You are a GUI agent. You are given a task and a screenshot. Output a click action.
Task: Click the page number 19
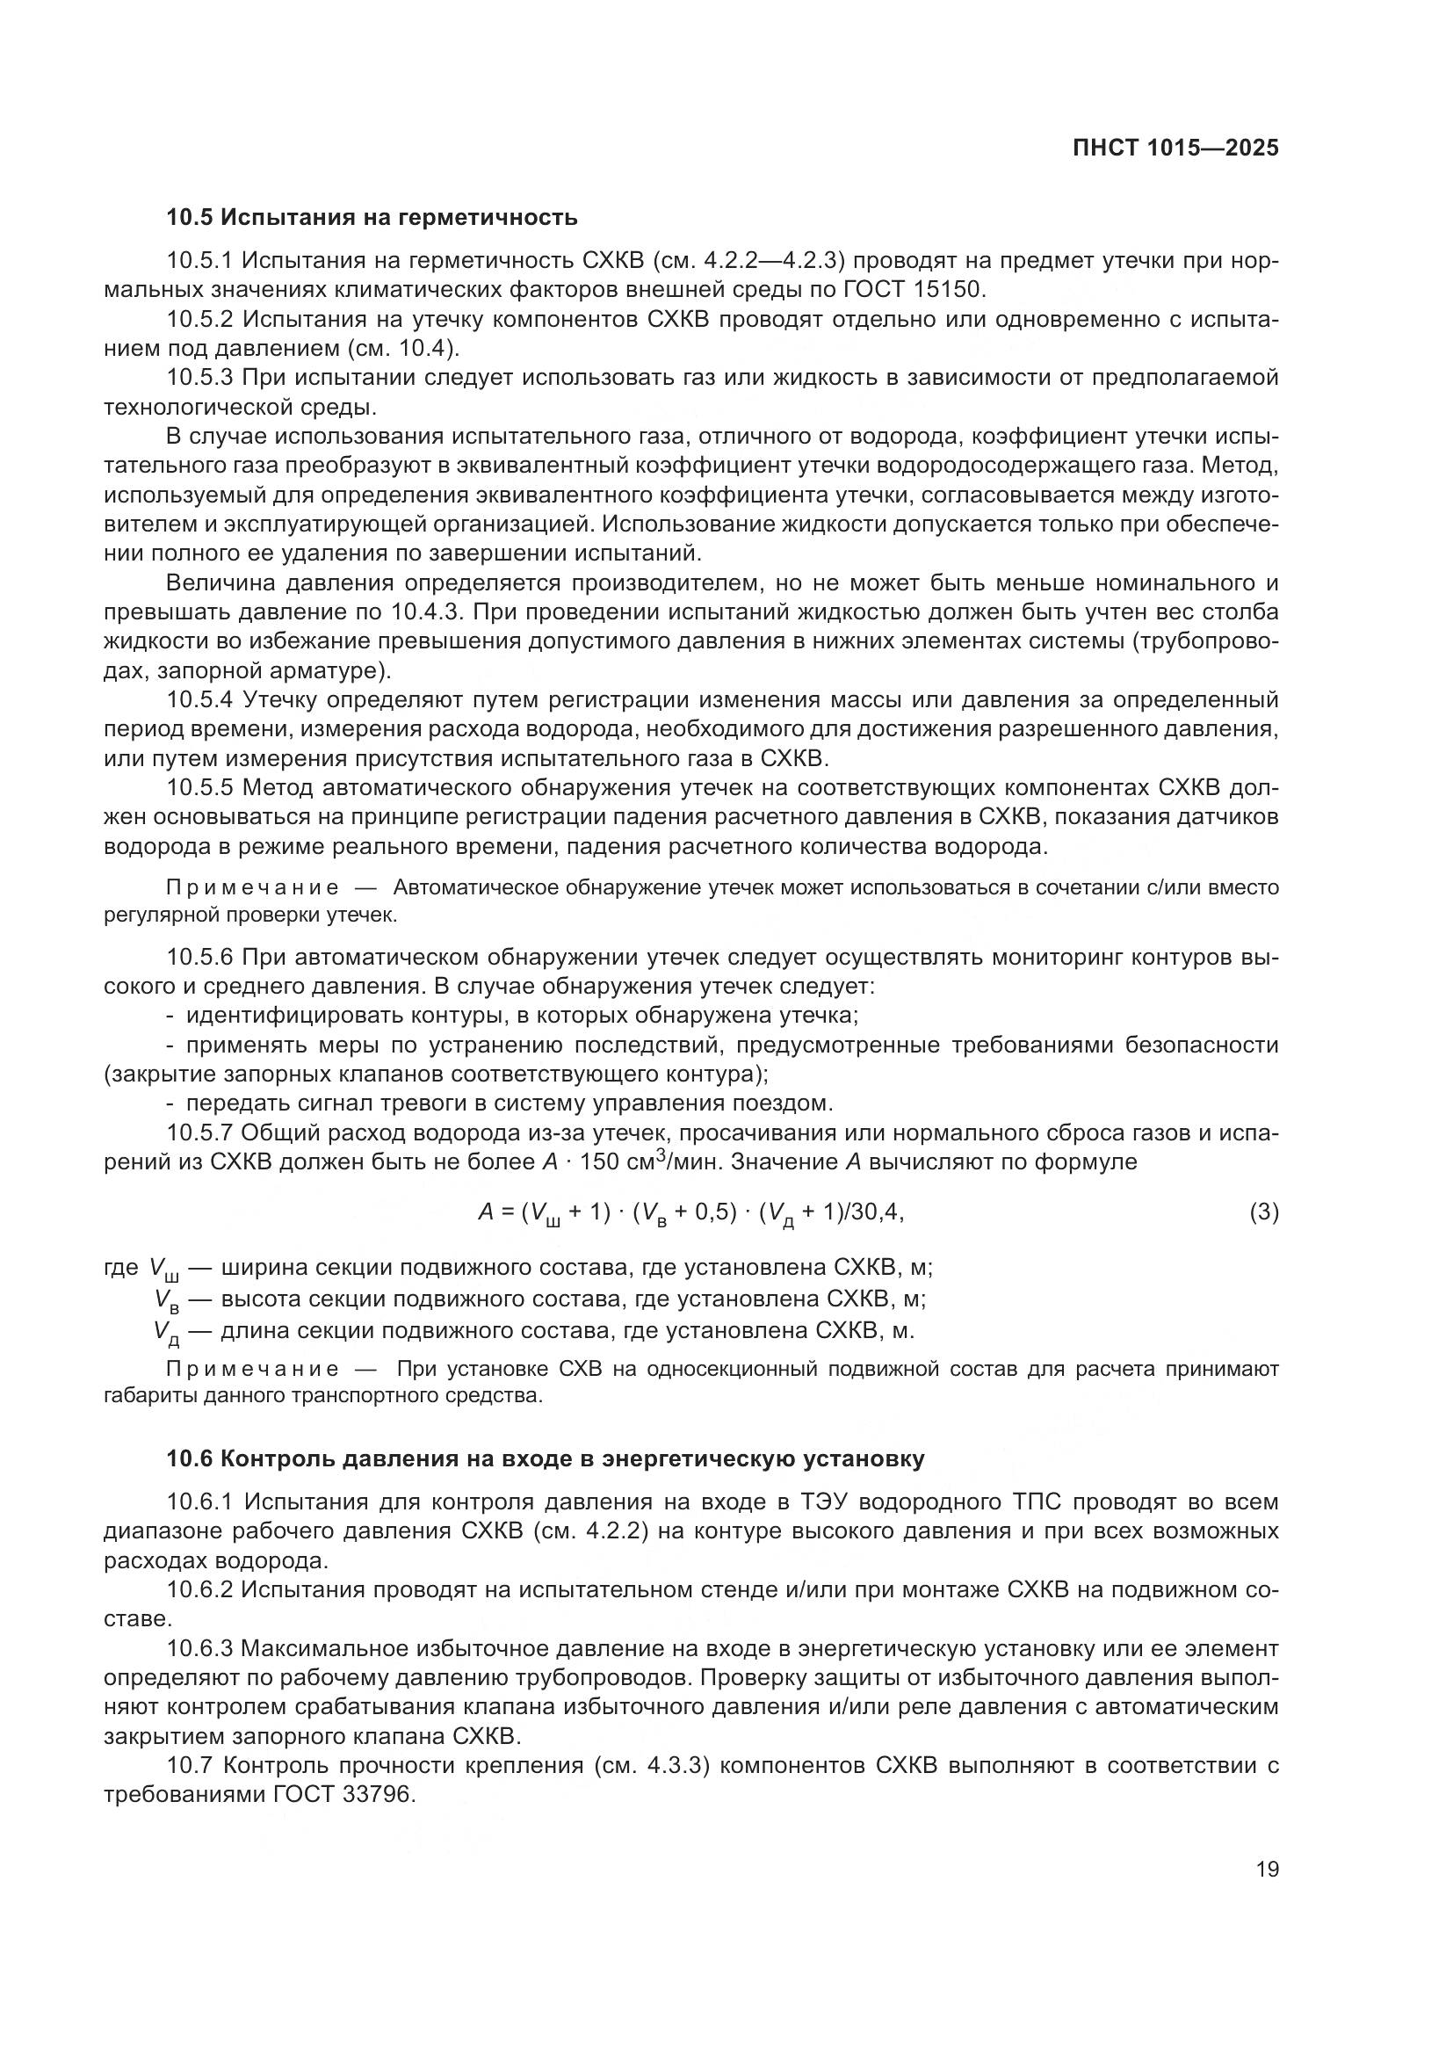tap(1267, 1870)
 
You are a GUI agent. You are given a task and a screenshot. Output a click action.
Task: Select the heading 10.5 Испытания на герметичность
tap(372, 218)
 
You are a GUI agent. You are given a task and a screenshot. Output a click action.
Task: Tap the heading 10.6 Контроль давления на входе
tap(545, 1459)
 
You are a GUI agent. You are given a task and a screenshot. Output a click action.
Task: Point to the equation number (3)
tap(1263, 1212)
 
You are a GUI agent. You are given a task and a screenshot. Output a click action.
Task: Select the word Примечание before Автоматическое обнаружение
tap(253, 888)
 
